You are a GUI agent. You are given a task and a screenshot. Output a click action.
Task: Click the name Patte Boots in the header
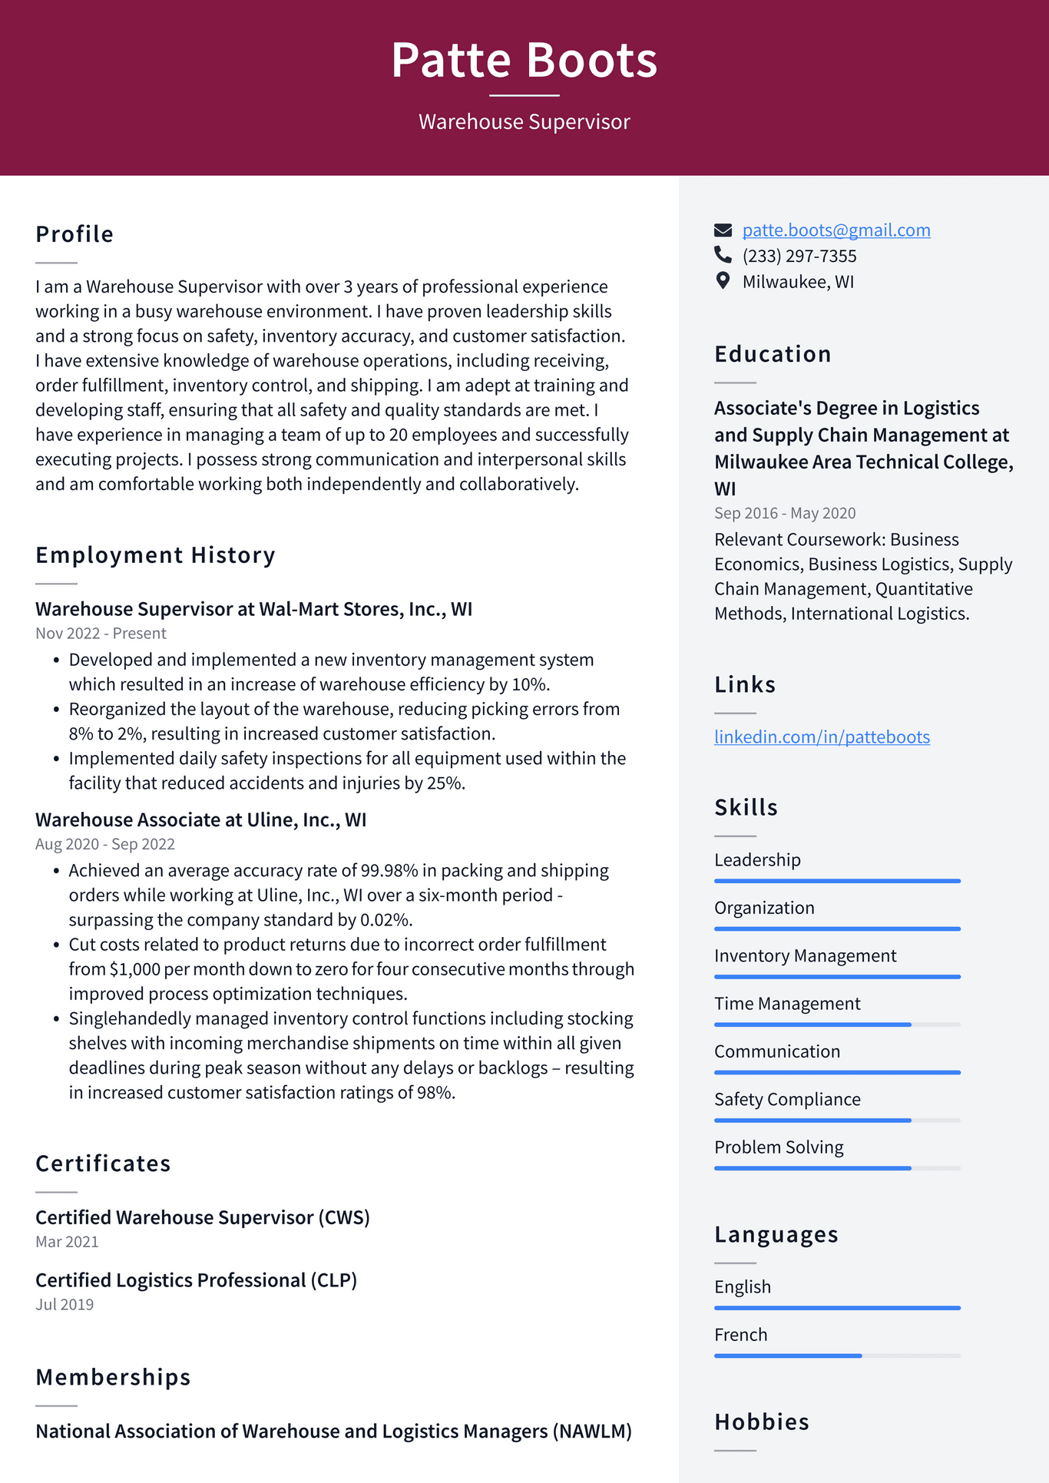524,60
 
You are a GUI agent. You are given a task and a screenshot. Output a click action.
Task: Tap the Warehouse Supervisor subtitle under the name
524,122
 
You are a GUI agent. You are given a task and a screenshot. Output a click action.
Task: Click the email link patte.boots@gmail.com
836,230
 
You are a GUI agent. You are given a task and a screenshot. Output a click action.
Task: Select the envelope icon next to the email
723,230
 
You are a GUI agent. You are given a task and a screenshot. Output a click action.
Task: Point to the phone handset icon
723,254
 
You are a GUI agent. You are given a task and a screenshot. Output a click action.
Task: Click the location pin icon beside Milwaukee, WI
723,281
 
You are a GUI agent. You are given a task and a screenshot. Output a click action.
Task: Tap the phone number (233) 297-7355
799,256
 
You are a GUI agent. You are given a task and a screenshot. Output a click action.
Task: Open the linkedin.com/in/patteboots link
822,737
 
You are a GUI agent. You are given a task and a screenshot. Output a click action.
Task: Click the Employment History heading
155,555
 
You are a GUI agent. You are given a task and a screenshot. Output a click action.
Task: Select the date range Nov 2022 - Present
101,634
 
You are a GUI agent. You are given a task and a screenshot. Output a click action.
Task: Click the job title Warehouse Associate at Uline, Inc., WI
200,820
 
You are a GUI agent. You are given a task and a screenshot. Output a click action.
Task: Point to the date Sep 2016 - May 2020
784,513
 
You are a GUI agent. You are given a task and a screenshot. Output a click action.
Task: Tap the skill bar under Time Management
836,1025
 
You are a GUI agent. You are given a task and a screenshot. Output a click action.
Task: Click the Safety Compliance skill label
786,1100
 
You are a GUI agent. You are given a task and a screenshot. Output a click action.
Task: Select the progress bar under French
836,1356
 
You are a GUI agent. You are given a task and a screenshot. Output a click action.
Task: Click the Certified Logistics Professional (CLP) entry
196,1280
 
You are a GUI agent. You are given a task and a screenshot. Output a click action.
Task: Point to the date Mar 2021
67,1242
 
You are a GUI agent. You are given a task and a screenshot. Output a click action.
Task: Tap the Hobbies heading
761,1422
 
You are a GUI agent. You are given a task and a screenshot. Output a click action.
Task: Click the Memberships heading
113,1378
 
